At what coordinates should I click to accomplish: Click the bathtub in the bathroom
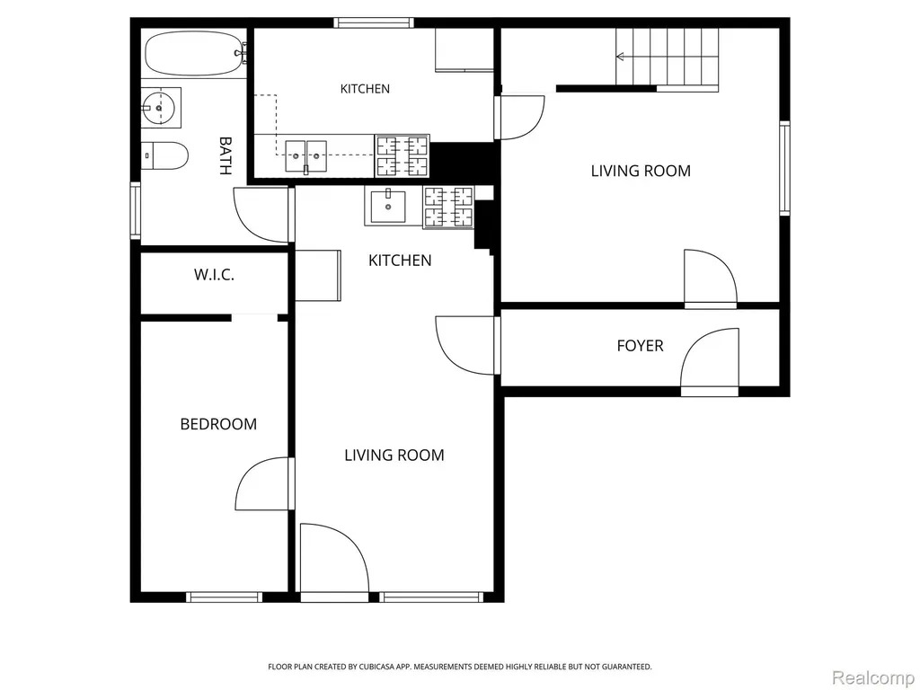click(194, 53)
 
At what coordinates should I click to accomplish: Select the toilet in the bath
click(165, 155)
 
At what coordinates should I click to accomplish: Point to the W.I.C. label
click(214, 275)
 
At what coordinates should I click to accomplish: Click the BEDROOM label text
click(218, 424)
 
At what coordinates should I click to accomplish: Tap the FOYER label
click(640, 346)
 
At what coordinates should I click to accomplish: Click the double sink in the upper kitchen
click(305, 156)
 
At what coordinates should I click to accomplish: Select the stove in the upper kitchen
click(402, 155)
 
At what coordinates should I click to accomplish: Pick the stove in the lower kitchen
click(448, 208)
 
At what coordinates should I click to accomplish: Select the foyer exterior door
click(710, 361)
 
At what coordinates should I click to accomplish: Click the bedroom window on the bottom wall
click(224, 597)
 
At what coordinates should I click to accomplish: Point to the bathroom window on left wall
click(136, 210)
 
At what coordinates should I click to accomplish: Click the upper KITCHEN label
click(365, 89)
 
